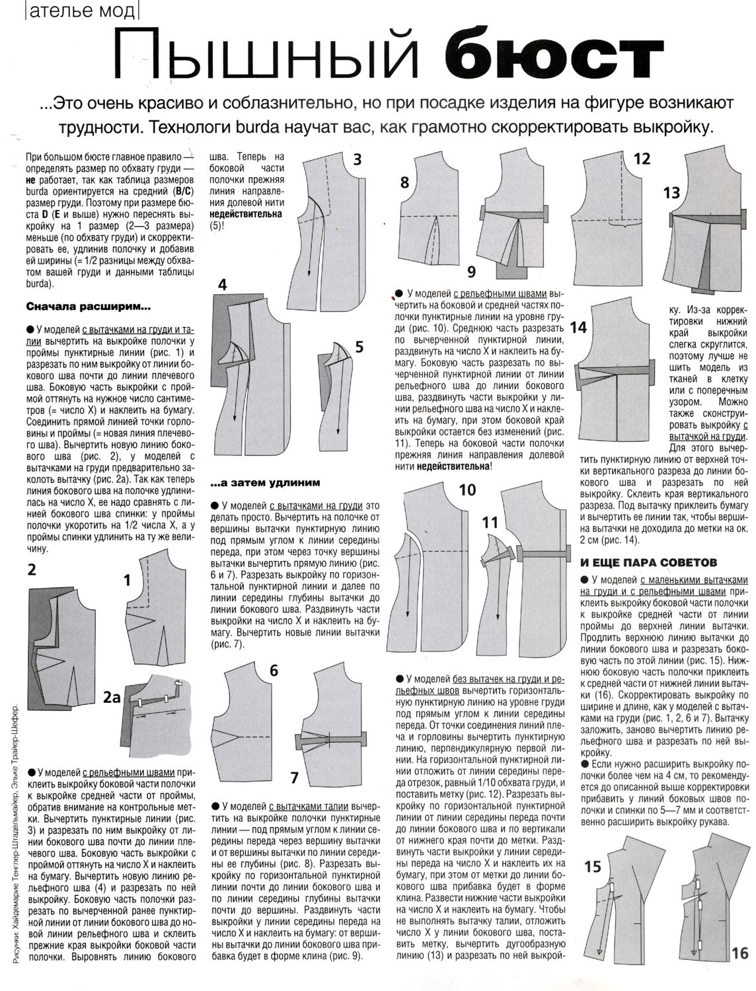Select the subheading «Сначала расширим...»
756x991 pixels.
(x=88, y=307)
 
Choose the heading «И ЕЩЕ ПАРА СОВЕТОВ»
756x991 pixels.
(x=648, y=563)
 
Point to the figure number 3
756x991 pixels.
(x=357, y=160)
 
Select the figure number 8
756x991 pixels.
(x=404, y=182)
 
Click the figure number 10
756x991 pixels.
(x=467, y=490)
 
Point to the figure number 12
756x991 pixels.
(x=642, y=159)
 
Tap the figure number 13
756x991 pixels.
(x=671, y=193)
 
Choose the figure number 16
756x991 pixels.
(x=739, y=953)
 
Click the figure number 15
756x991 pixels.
(x=593, y=885)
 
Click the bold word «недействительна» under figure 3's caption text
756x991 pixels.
(x=246, y=215)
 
